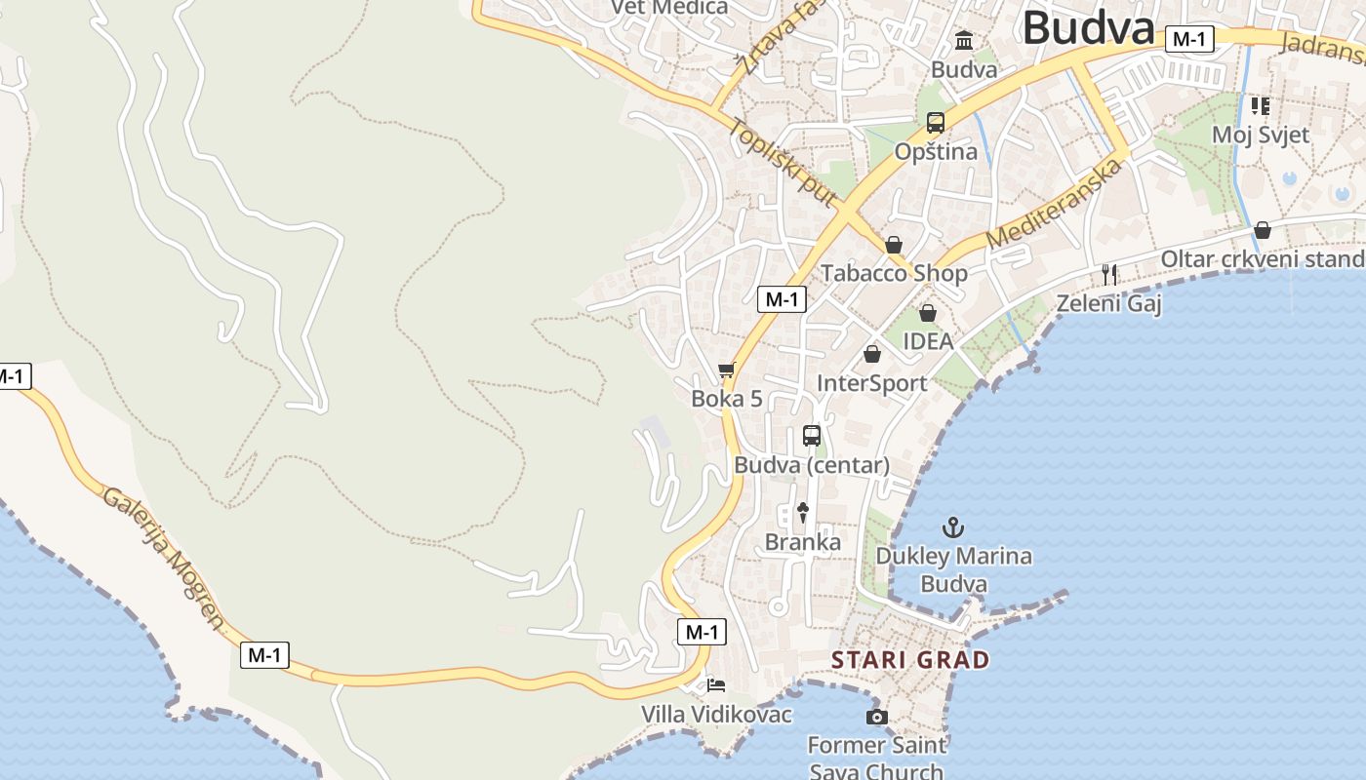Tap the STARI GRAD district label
click(909, 660)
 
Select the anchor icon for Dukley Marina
click(952, 528)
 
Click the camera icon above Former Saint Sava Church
click(876, 718)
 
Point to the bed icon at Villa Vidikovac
click(716, 685)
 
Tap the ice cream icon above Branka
click(803, 512)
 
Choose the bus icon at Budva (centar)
click(812, 436)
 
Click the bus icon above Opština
click(936, 123)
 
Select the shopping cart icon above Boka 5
click(726, 370)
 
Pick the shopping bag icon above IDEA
click(927, 313)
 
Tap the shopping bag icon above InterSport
click(872, 354)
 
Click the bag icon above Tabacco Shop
click(894, 245)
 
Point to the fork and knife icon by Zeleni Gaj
click(1108, 274)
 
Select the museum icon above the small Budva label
click(965, 41)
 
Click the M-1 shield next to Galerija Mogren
click(264, 655)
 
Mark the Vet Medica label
click(669, 8)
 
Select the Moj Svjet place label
click(1261, 135)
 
